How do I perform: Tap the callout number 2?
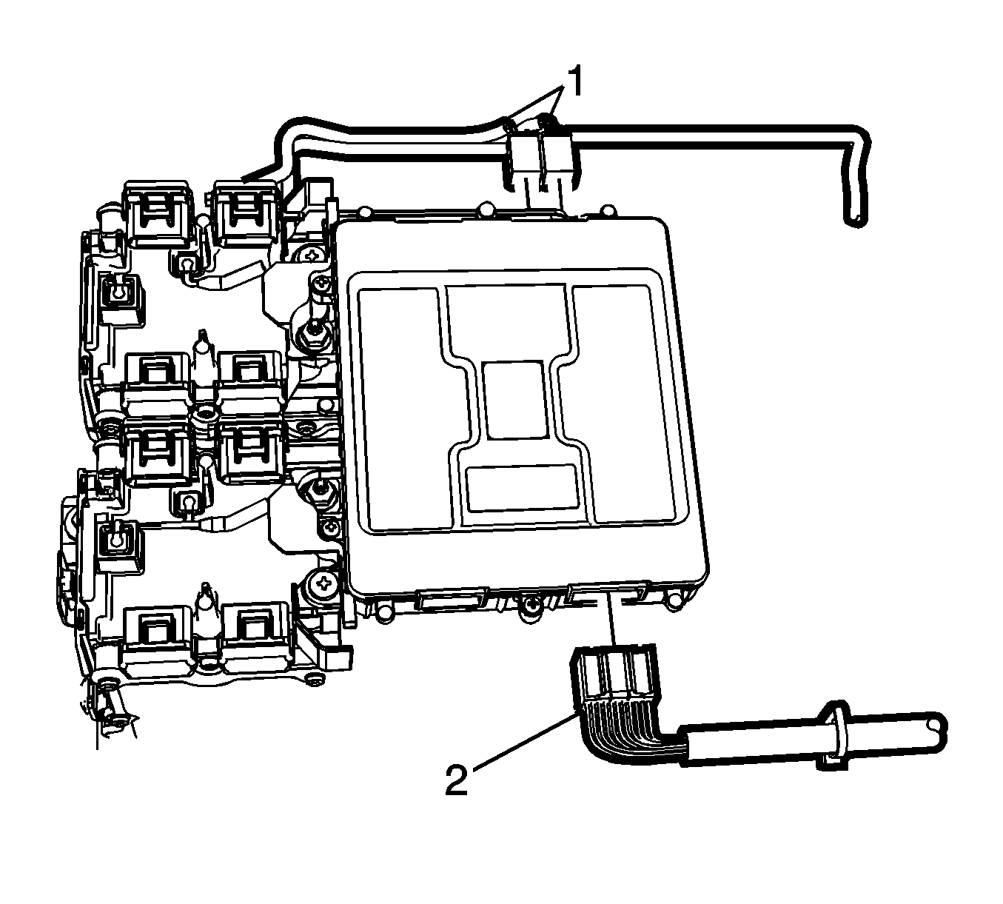tap(457, 780)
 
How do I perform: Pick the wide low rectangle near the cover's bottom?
tap(522, 488)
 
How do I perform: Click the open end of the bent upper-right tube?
tap(856, 221)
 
